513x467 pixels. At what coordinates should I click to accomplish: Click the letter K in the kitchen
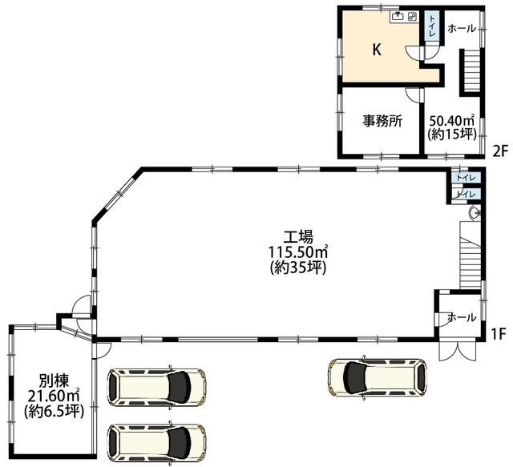(x=377, y=50)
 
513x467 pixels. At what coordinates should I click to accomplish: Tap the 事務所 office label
(x=382, y=121)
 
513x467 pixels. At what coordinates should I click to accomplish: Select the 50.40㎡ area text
(x=452, y=121)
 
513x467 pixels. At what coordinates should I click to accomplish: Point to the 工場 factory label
(x=298, y=236)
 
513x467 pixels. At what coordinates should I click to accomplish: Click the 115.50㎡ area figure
(x=298, y=252)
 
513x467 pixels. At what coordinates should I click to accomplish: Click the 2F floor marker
(x=499, y=151)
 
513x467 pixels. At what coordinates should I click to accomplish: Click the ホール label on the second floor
(x=462, y=29)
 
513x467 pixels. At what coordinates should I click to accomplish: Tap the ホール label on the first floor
(x=462, y=317)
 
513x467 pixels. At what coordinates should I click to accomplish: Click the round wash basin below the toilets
(x=474, y=214)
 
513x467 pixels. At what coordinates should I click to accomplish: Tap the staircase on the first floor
(x=471, y=255)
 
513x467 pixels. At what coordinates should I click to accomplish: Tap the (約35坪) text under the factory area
(x=298, y=268)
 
